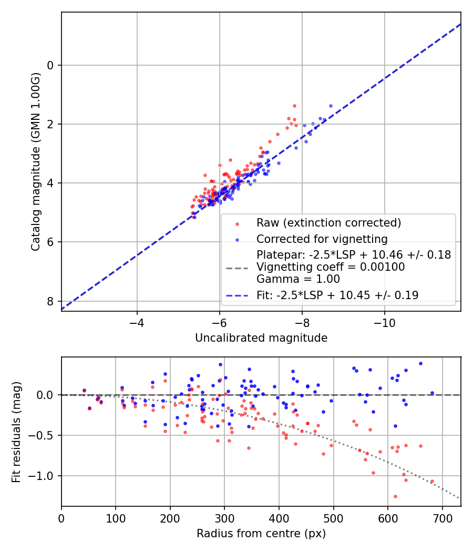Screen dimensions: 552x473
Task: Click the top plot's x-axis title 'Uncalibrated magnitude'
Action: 261,338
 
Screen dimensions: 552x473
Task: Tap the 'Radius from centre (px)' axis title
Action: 261,534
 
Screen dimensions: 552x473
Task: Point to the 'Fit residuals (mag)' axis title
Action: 16,432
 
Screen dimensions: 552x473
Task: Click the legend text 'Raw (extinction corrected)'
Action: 328,223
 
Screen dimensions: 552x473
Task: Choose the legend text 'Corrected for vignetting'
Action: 322,239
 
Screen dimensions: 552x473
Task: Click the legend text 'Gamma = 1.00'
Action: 298,279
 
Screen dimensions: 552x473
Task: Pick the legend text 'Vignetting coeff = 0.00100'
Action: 331,267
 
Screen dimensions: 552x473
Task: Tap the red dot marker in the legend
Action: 237,223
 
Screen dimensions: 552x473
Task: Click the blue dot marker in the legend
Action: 237,240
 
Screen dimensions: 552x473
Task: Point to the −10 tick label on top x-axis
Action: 384,322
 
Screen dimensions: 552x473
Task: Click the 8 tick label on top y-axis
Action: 51,301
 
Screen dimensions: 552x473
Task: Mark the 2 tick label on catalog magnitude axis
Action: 51,125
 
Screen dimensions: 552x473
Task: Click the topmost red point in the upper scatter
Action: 294,106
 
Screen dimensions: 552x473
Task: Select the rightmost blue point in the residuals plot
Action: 432,393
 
